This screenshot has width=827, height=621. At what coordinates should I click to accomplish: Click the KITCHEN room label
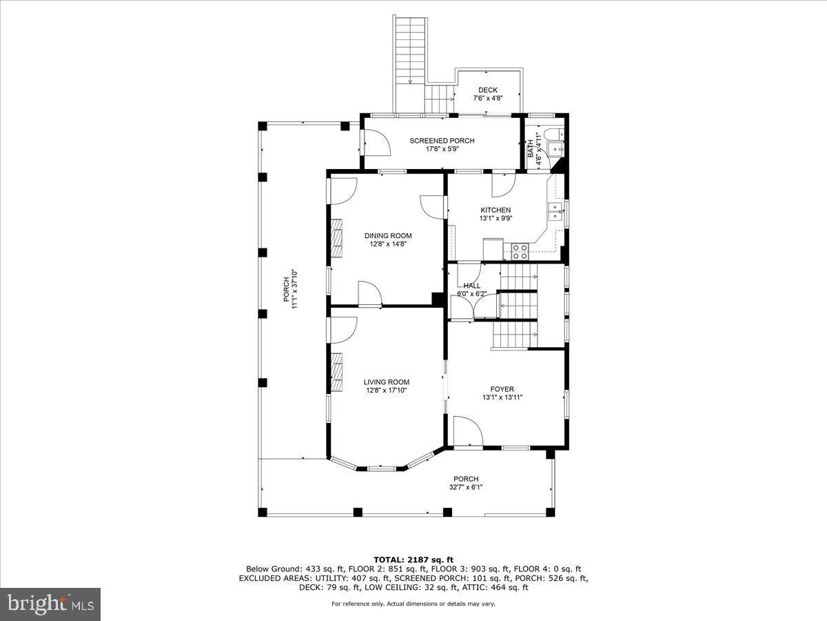496,210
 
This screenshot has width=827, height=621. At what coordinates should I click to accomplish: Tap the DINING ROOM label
388,236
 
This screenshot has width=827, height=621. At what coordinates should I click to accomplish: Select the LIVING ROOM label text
386,382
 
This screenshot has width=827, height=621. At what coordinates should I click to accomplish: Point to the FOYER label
502,388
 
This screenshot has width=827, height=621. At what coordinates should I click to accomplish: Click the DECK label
488,90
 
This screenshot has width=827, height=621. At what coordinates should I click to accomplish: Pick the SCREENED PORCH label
442,141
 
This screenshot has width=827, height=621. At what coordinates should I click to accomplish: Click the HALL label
471,286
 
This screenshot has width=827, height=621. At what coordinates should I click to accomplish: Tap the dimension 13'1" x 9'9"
496,218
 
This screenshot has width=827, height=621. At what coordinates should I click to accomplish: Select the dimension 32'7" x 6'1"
466,486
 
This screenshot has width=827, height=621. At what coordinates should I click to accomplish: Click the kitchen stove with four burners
520,251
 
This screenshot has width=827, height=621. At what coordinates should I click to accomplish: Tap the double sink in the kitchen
555,213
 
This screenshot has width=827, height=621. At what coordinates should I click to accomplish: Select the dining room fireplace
336,238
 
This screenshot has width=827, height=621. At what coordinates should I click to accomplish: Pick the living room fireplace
336,372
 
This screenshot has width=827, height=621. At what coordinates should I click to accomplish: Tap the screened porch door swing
377,142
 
